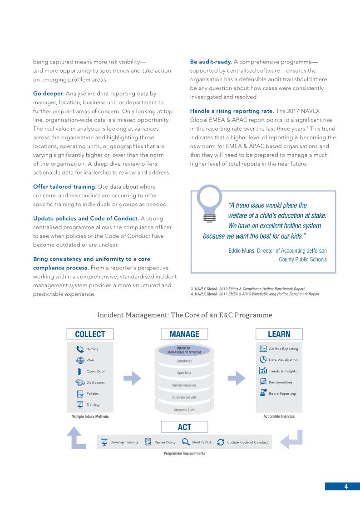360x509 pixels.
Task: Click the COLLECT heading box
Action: pos(90,334)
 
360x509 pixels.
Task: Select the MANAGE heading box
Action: pos(184,334)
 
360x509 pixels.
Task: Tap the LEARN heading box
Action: pos(279,334)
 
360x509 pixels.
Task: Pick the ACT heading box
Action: pos(184,427)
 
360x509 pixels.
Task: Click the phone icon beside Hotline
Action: pos(80,349)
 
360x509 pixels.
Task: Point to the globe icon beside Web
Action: pos(80,360)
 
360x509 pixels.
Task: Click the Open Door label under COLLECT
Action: pos(96,372)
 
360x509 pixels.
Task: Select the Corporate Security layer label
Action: pos(184,397)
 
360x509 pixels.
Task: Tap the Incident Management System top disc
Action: pos(184,350)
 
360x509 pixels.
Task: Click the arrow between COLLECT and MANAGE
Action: pos(133,378)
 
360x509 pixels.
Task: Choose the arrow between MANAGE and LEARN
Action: pos(236,378)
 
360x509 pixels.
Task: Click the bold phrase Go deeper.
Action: pos(49,93)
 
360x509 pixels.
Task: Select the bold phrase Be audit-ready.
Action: pos(211,62)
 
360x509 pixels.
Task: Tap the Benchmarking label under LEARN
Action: pos(281,382)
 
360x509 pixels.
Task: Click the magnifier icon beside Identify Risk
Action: pos(185,442)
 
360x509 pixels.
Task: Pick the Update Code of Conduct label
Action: pos(247,442)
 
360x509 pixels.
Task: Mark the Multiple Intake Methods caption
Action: pos(90,416)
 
